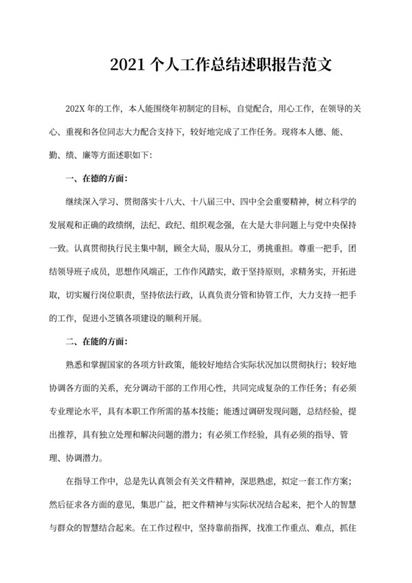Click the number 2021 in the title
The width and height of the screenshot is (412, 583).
point(127,65)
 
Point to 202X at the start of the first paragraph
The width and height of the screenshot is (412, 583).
point(77,108)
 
